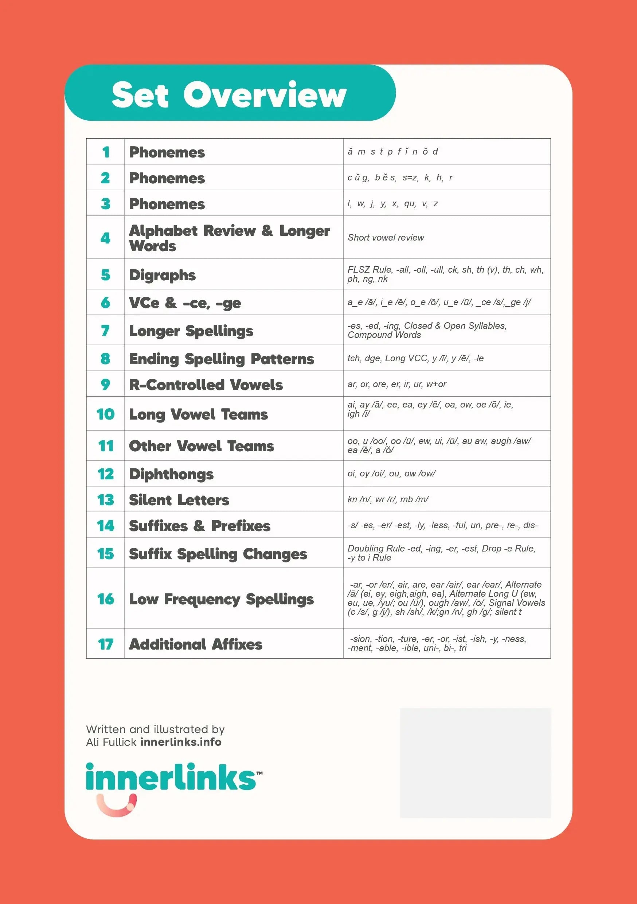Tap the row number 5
106,275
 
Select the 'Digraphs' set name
162,275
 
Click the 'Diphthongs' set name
171,474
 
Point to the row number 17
106,644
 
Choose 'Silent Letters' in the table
179,500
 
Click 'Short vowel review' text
386,237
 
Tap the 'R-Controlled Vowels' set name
206,385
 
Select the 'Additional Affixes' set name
196,644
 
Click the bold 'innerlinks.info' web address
181,742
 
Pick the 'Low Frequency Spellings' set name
221,599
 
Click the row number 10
106,414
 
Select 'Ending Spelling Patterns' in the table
222,359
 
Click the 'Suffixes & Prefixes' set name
200,526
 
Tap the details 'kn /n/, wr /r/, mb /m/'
388,499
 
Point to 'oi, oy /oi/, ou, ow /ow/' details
391,473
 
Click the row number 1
106,152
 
